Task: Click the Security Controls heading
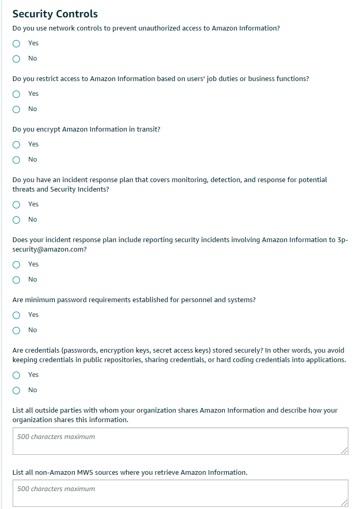[x=55, y=14]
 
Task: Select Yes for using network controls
[x=16, y=44]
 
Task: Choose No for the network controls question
[x=16, y=59]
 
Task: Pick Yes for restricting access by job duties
[x=16, y=94]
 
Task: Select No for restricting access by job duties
[x=16, y=109]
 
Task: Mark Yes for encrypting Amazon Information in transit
[x=16, y=145]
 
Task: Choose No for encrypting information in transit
[x=16, y=160]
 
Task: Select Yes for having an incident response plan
[x=16, y=205]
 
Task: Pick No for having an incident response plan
[x=16, y=220]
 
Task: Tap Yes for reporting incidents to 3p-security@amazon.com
[x=16, y=265]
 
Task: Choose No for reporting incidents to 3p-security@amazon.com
[x=16, y=280]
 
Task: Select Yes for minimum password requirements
[x=16, y=315]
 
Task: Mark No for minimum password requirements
[x=16, y=331]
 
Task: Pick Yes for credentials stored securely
[x=16, y=375]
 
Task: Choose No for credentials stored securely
[x=16, y=391]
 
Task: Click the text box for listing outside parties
[x=180, y=441]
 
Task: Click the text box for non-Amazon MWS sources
[x=180, y=493]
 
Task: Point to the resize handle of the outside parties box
[x=344, y=451]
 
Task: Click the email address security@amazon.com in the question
[x=49, y=249]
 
